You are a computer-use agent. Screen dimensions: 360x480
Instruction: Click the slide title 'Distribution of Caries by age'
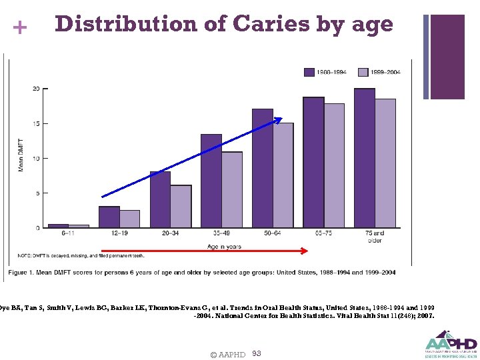(x=224, y=24)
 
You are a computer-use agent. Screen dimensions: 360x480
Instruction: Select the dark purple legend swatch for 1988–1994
(x=309, y=71)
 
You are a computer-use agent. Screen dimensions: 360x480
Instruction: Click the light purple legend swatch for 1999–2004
(x=363, y=71)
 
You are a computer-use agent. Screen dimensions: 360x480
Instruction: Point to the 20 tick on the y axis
(x=36, y=89)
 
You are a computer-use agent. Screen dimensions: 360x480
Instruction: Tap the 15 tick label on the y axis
(x=36, y=123)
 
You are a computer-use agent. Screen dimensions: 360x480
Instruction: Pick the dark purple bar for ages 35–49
(x=211, y=181)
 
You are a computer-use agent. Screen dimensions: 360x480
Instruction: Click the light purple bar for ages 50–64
(x=283, y=175)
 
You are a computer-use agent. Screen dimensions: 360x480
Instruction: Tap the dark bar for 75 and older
(x=364, y=159)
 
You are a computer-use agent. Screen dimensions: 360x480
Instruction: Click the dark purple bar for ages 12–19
(x=109, y=217)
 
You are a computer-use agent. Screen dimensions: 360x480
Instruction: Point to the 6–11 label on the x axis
(x=68, y=234)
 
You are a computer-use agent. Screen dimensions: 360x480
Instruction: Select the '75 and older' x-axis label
(x=375, y=237)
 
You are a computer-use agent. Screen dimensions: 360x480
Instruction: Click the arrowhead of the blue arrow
(x=279, y=120)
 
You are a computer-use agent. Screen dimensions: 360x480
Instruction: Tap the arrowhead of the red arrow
(x=305, y=251)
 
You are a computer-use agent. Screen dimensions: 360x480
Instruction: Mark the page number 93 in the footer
(x=257, y=353)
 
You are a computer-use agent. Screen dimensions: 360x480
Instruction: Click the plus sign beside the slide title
(x=20, y=28)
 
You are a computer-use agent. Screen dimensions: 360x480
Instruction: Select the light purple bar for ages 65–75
(x=334, y=165)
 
